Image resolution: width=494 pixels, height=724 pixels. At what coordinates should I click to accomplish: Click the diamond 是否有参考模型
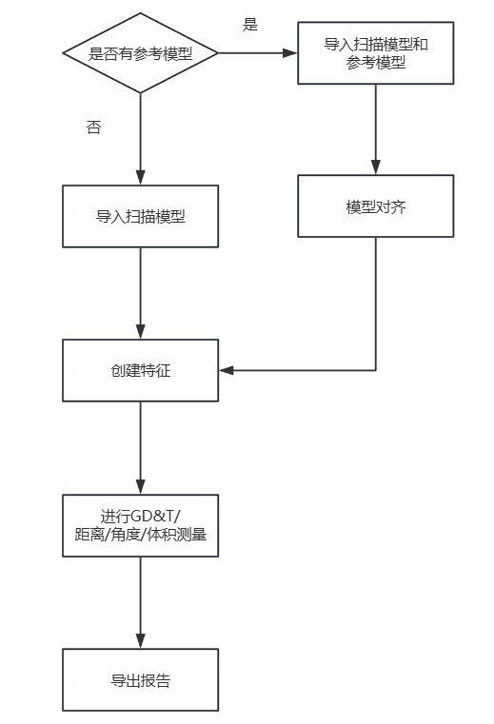141,53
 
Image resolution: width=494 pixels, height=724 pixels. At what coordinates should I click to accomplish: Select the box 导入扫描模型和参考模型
376,53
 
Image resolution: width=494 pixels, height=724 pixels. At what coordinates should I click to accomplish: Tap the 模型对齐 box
376,205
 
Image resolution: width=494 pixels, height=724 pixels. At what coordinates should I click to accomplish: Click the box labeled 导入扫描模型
141,216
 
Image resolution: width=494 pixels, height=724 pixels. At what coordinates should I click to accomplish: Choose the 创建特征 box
141,370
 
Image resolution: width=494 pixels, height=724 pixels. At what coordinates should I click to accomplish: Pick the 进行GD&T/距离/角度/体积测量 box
141,525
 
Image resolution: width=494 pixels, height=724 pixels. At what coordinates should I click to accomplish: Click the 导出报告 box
141,680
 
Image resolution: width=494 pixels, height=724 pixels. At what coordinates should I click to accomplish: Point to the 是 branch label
250,26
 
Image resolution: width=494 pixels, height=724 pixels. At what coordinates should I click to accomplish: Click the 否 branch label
93,127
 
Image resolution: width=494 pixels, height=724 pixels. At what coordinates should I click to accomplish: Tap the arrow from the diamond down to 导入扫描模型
141,138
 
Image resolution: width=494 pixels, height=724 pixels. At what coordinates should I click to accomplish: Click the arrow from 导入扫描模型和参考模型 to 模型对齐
376,128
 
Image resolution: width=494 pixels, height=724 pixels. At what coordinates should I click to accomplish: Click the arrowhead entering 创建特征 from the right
226,370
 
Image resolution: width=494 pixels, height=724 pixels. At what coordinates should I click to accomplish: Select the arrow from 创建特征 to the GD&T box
141,447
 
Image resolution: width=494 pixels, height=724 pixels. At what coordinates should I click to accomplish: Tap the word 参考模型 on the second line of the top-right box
376,63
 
